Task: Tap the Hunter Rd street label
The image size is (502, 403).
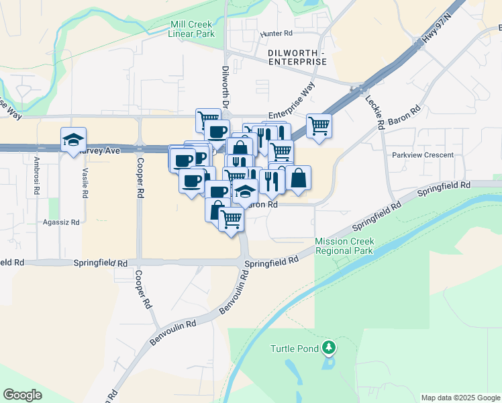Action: (277, 33)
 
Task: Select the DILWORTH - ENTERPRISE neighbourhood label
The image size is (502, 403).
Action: (297, 57)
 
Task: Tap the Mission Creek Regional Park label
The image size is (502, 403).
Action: (344, 246)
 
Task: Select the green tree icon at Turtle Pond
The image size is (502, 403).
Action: (329, 347)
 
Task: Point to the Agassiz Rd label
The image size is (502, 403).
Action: (61, 222)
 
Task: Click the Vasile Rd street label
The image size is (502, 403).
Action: (85, 182)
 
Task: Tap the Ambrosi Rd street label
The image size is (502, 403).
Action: (36, 173)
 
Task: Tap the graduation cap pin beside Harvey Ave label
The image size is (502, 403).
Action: (73, 140)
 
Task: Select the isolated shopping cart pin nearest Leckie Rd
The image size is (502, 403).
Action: (319, 125)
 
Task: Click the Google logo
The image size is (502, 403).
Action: (23, 395)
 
